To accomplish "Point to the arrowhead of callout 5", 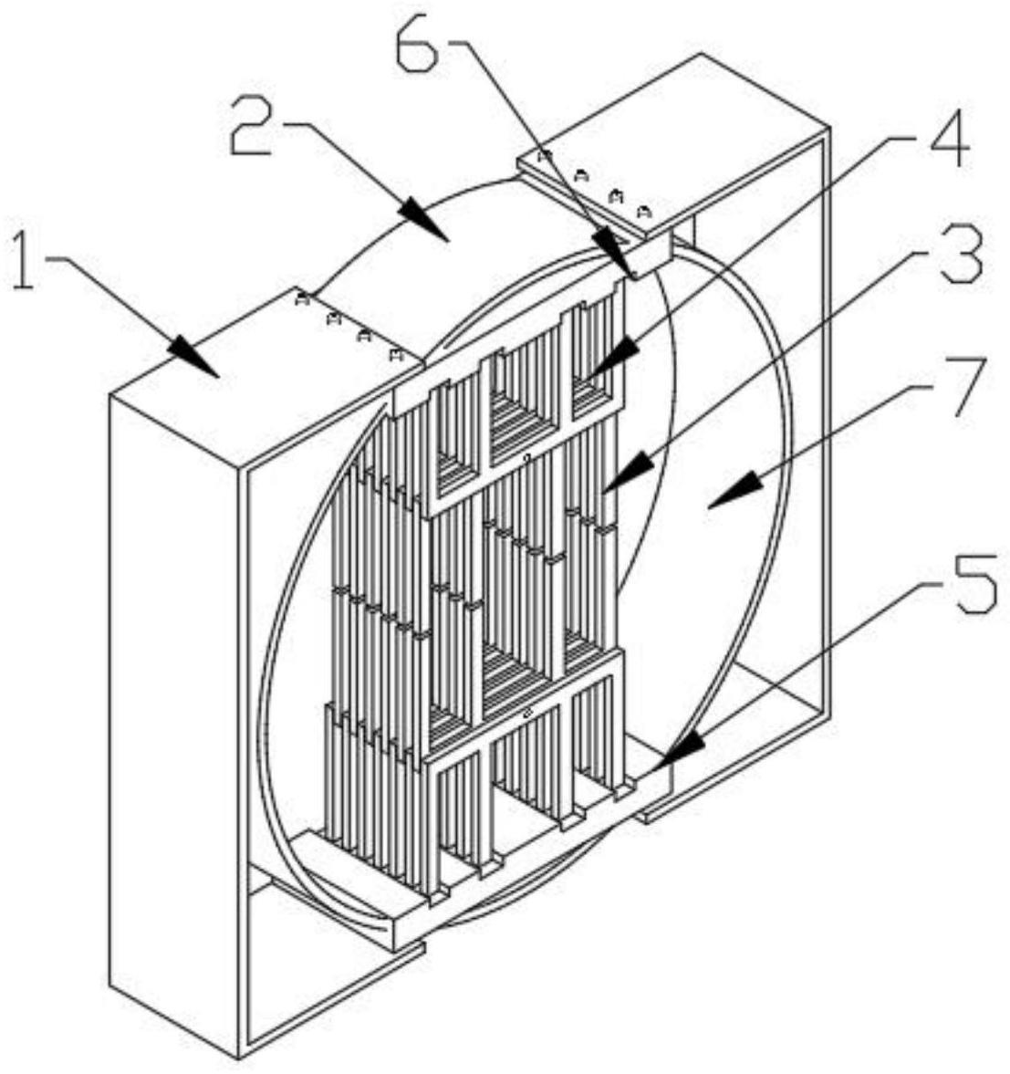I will click(x=667, y=756).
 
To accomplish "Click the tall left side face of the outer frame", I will click(x=173, y=730).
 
